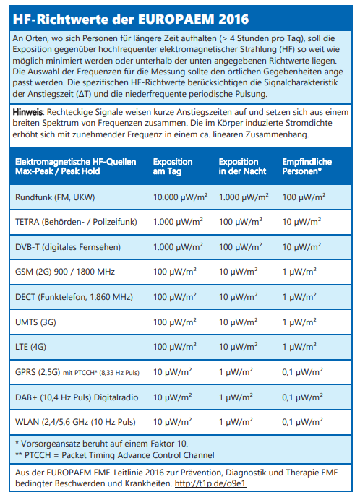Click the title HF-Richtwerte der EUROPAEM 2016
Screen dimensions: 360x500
(x=131, y=20)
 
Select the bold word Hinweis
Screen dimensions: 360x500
(x=27, y=112)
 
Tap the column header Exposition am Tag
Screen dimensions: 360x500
(x=173, y=166)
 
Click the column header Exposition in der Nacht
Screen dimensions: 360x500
(x=243, y=166)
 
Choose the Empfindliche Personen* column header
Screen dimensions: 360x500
(x=307, y=166)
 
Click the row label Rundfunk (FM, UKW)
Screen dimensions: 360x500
(x=55, y=197)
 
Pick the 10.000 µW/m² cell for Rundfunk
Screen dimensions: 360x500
(x=180, y=197)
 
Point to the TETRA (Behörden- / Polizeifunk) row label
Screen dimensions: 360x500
(x=76, y=222)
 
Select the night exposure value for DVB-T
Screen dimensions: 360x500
(x=240, y=247)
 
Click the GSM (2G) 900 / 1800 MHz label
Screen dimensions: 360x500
(x=65, y=272)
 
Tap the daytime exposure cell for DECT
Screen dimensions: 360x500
(x=175, y=297)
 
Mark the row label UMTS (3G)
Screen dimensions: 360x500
(x=35, y=322)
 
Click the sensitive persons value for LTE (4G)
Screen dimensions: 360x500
(x=299, y=347)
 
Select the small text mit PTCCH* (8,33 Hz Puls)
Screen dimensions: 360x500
(x=101, y=372)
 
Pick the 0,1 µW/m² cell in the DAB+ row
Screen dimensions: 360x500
(x=303, y=397)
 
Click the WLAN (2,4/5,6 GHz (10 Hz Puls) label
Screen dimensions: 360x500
(x=75, y=422)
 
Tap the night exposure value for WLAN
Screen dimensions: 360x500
(x=236, y=422)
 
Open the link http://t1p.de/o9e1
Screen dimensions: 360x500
(x=210, y=483)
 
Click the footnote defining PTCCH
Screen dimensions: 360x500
(x=115, y=455)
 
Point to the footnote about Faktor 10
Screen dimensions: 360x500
(x=101, y=444)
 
